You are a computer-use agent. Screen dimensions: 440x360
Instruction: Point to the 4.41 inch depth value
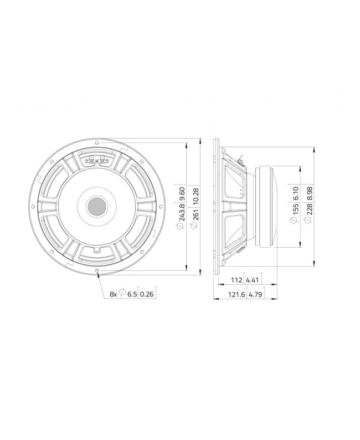click(252, 279)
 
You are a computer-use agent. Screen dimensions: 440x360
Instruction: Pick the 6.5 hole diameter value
click(132, 294)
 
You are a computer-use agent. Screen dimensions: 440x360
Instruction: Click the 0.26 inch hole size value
click(146, 294)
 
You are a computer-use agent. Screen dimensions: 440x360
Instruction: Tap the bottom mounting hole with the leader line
click(97, 270)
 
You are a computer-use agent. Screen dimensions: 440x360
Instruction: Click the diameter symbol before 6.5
click(122, 294)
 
